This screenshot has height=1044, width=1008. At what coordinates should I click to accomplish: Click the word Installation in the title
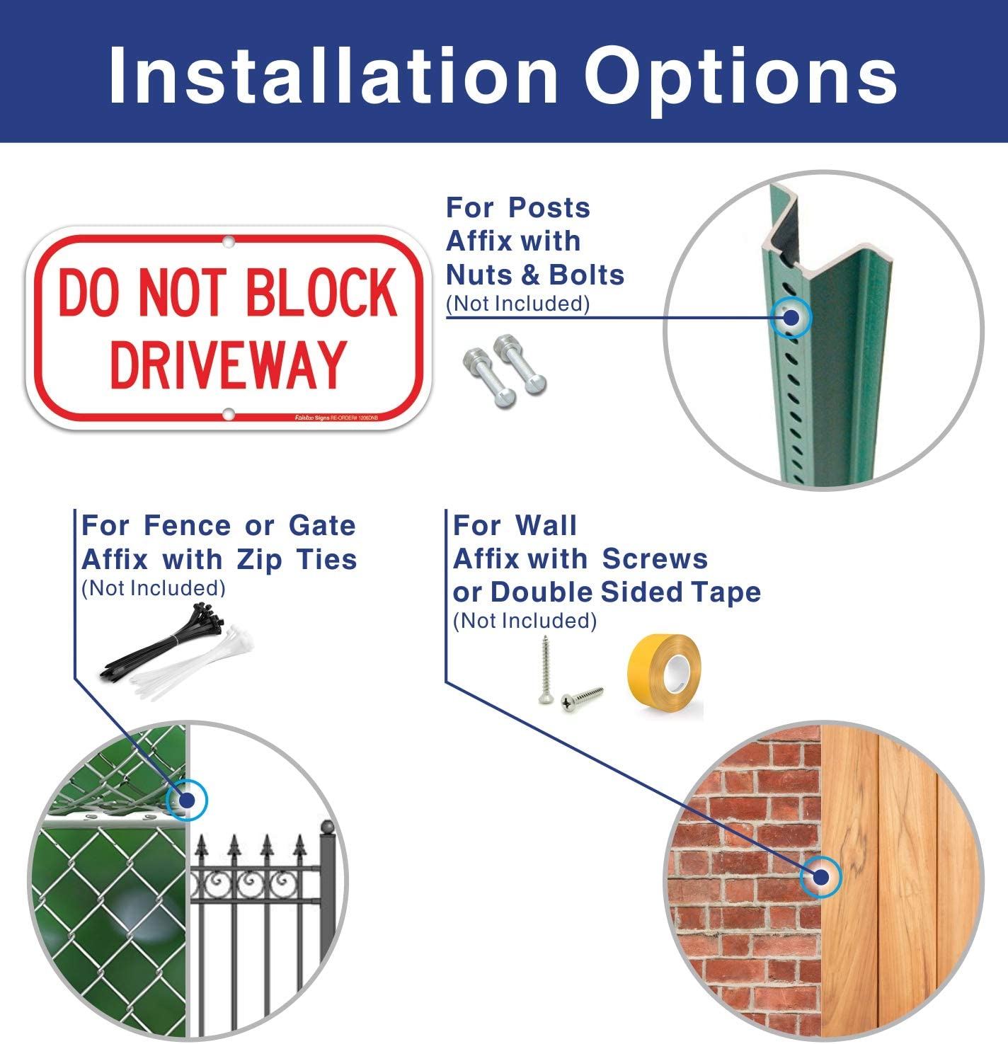click(x=333, y=76)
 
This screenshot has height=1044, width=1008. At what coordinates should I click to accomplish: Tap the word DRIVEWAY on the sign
click(x=228, y=364)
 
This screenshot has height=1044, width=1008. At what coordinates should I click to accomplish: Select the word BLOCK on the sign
click(x=322, y=292)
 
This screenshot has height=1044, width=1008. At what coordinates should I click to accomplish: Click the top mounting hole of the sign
click(x=228, y=242)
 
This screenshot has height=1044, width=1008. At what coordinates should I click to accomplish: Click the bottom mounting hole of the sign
click(x=228, y=414)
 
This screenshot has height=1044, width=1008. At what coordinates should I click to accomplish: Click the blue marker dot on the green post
click(x=791, y=318)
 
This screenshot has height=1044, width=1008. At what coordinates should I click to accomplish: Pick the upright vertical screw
click(x=545, y=669)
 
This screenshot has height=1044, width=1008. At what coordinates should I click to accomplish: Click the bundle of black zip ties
click(x=167, y=641)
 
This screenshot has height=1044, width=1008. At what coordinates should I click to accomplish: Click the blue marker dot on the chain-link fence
click(x=187, y=801)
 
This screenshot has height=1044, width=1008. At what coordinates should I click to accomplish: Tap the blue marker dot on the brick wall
click(x=820, y=878)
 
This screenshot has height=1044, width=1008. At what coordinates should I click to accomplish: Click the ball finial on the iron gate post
click(x=326, y=827)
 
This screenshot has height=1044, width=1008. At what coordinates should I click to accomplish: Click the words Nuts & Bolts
click(x=535, y=275)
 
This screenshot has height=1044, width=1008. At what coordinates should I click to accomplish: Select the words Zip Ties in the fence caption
click(x=297, y=559)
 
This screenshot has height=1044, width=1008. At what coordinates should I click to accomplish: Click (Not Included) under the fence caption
click(x=154, y=588)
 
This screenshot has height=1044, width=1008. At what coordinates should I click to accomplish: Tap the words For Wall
click(x=515, y=526)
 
